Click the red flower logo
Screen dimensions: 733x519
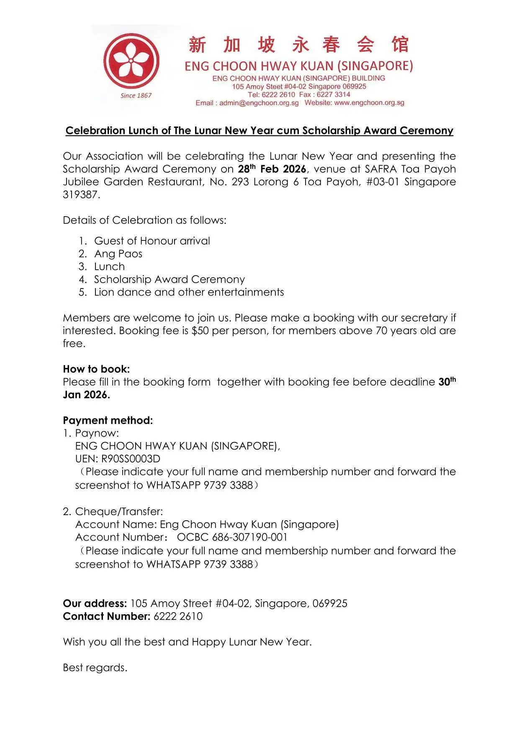[x=131, y=61]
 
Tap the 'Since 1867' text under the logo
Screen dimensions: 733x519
[x=136, y=96]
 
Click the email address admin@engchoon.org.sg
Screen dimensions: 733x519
[x=259, y=103]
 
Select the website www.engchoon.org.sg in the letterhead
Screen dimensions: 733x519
[x=369, y=103]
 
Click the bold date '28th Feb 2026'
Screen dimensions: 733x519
[x=272, y=169]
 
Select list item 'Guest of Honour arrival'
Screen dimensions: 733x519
[x=152, y=241]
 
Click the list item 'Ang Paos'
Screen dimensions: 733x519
[x=118, y=254]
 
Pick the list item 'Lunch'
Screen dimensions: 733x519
[x=109, y=267]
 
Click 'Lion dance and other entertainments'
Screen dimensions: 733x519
[x=189, y=292]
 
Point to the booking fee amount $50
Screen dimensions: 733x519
[x=200, y=331]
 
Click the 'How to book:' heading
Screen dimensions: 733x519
[x=96, y=369]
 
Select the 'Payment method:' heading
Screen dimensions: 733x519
[x=108, y=421]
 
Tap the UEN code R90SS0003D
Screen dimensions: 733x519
[x=131, y=459]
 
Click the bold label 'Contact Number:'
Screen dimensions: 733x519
[x=106, y=616]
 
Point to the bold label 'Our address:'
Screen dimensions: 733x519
[x=95, y=603]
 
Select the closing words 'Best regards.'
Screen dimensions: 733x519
[x=95, y=668]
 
